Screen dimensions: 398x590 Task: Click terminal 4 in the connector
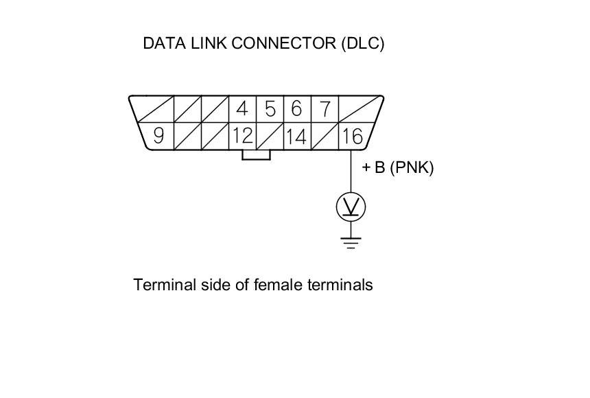[241, 109]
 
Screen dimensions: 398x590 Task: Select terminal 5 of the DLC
[270, 109]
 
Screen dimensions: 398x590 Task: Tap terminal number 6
[296, 109]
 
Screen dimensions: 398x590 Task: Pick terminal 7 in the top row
[325, 109]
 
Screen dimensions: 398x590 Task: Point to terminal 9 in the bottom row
[158, 136]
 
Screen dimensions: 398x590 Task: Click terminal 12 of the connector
[242, 136]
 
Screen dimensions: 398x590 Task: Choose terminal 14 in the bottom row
[296, 136]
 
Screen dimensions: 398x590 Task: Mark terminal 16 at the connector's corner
[351, 136]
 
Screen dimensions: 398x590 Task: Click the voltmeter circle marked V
[351, 206]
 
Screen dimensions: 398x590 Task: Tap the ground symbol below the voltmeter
[351, 242]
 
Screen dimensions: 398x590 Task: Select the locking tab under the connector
[256, 155]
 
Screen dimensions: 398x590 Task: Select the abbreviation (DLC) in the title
[362, 43]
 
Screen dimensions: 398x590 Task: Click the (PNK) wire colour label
[412, 167]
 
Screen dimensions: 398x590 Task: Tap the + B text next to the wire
[373, 167]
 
